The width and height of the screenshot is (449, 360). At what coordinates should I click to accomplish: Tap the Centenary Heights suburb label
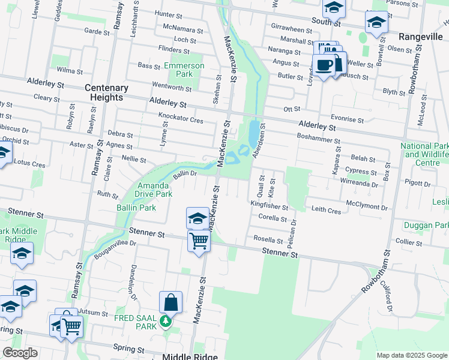click(106, 92)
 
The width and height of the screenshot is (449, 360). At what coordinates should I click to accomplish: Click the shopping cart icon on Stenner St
click(199, 241)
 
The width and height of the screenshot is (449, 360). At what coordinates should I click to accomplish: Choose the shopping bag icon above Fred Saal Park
click(170, 302)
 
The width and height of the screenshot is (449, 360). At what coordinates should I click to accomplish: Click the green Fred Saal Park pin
click(166, 324)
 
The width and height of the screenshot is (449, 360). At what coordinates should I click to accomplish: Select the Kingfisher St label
click(269, 206)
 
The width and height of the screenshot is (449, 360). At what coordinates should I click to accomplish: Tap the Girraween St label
click(292, 29)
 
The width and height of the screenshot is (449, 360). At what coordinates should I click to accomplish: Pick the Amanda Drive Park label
click(155, 190)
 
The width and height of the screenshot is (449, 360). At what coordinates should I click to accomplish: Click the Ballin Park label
click(136, 208)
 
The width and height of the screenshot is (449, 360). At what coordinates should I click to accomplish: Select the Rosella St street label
click(268, 238)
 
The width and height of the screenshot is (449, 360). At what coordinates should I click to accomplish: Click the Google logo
click(20, 353)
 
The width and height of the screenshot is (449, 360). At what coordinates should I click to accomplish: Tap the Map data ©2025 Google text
click(411, 355)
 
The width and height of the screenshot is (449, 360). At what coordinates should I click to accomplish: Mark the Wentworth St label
click(172, 88)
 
